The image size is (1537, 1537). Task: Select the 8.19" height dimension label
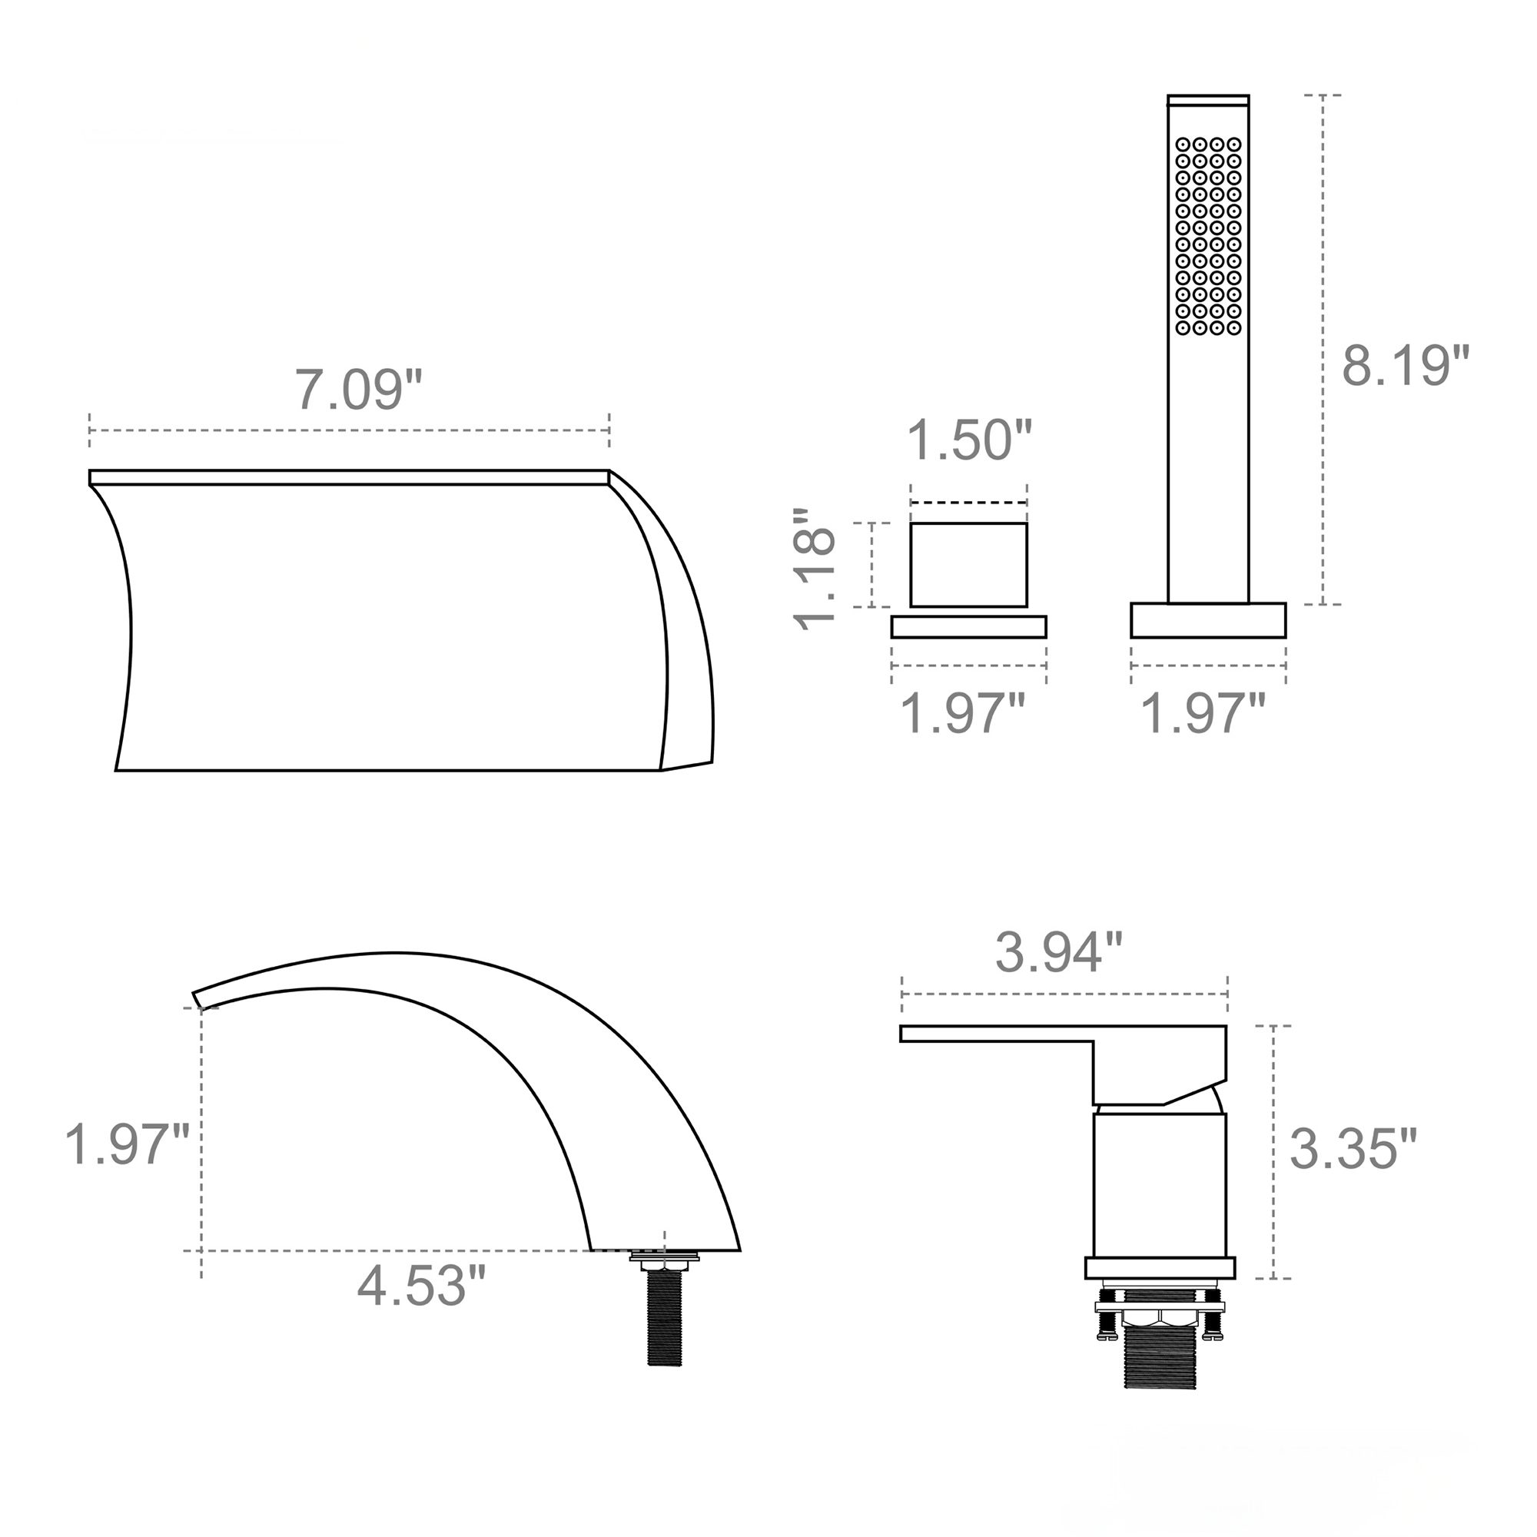[x=1405, y=366]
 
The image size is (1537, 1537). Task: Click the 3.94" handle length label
[x=1059, y=952]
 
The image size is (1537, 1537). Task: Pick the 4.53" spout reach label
[x=420, y=1286]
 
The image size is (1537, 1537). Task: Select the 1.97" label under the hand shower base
[x=1203, y=714]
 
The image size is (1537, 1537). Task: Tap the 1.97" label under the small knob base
[x=962, y=714]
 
